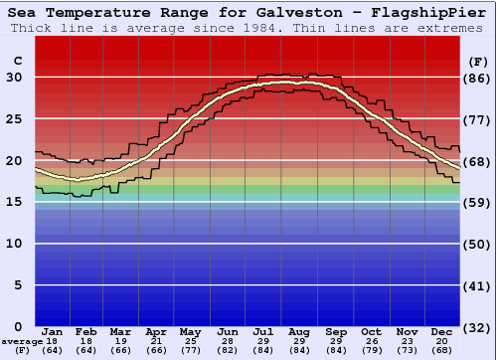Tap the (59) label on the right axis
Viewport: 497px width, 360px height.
click(476, 202)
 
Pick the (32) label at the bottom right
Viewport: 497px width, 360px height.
click(476, 327)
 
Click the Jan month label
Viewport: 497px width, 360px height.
click(53, 331)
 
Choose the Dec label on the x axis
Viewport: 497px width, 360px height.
click(442, 331)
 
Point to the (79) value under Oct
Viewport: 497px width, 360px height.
click(371, 350)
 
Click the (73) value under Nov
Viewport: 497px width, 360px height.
click(407, 350)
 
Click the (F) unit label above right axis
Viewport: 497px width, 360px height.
click(476, 61)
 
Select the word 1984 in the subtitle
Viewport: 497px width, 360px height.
click(258, 28)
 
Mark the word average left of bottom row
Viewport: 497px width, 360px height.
click(21, 341)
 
